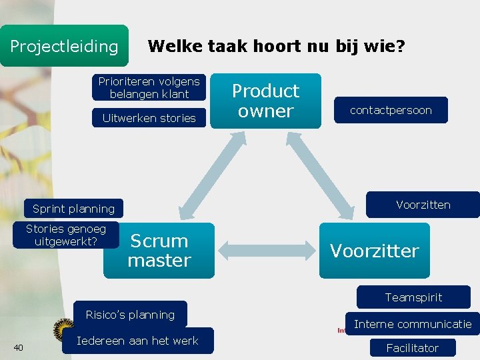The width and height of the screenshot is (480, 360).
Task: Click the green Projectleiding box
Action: point(64,46)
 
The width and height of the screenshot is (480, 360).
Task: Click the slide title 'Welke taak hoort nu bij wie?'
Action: point(276,46)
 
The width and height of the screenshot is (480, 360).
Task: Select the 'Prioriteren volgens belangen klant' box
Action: point(149,88)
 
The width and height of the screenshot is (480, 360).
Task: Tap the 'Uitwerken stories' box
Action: point(149,118)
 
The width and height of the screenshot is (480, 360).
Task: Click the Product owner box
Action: point(265,101)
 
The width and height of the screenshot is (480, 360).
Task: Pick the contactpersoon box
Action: point(391,110)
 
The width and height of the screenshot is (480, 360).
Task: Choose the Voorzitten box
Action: point(423,205)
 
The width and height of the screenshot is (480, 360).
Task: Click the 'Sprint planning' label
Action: point(73,209)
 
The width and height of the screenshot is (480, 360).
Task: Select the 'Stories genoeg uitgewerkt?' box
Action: point(66,235)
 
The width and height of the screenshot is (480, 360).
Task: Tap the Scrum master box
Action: point(159,251)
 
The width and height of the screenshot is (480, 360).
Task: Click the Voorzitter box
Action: point(374,251)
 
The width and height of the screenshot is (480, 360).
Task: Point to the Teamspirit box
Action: point(413,297)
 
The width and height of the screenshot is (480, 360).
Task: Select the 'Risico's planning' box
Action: point(130,315)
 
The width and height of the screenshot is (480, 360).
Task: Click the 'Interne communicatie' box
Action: point(412,325)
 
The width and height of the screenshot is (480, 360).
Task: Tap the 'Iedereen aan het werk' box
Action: point(137,341)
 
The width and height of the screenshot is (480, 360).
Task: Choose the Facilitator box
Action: point(412,348)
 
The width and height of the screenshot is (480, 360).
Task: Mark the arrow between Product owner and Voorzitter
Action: point(331,175)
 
